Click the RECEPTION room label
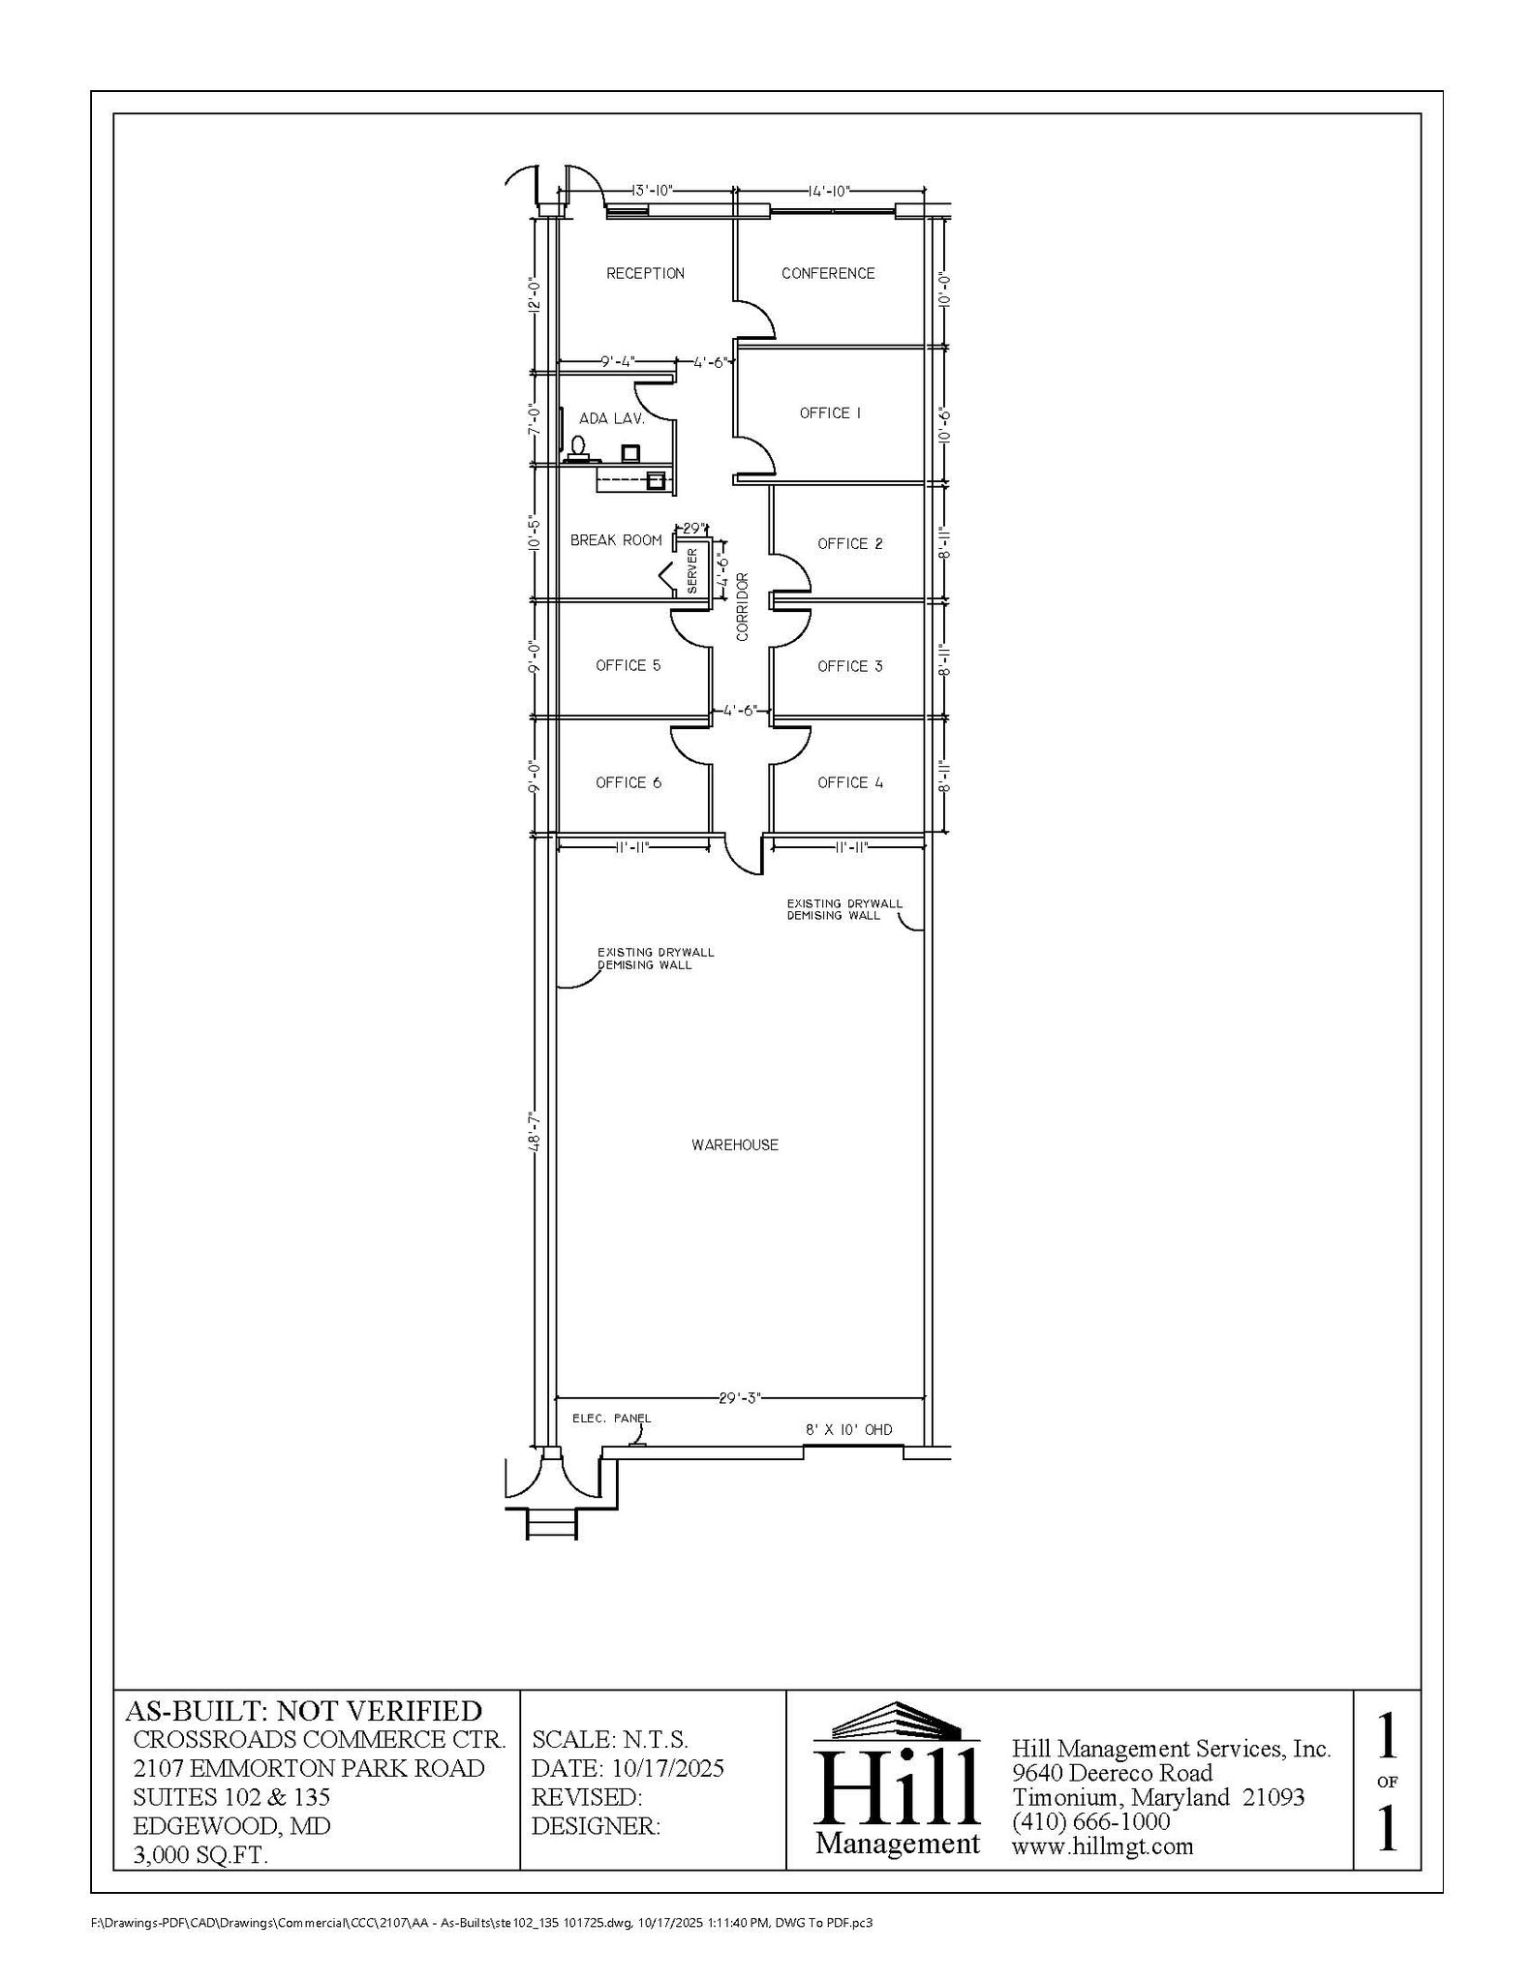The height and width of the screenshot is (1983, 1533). coord(645,274)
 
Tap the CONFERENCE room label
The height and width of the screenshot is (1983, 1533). coord(828,274)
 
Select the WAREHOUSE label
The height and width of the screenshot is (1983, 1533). coord(735,1145)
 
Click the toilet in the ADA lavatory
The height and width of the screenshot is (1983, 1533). coord(578,448)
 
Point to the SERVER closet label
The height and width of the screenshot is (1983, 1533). coord(691,570)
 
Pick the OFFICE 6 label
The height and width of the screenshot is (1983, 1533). coord(629,782)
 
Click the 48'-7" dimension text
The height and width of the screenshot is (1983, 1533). coord(534,1131)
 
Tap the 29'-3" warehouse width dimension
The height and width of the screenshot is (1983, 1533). coord(741,1398)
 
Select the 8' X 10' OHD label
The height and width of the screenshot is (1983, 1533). coord(848,1430)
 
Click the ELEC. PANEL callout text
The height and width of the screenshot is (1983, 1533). coord(611,1419)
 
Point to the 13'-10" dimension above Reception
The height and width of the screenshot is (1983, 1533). coord(651,191)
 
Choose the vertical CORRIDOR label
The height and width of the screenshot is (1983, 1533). coord(743,607)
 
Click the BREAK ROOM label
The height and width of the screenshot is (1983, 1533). coord(616,540)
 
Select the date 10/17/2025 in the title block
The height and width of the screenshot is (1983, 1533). coord(667,1769)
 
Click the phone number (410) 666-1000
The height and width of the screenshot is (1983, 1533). coord(1091,1821)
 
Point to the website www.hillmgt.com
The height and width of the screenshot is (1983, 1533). coord(1102,1846)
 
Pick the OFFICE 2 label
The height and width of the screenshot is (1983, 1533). coord(849,544)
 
